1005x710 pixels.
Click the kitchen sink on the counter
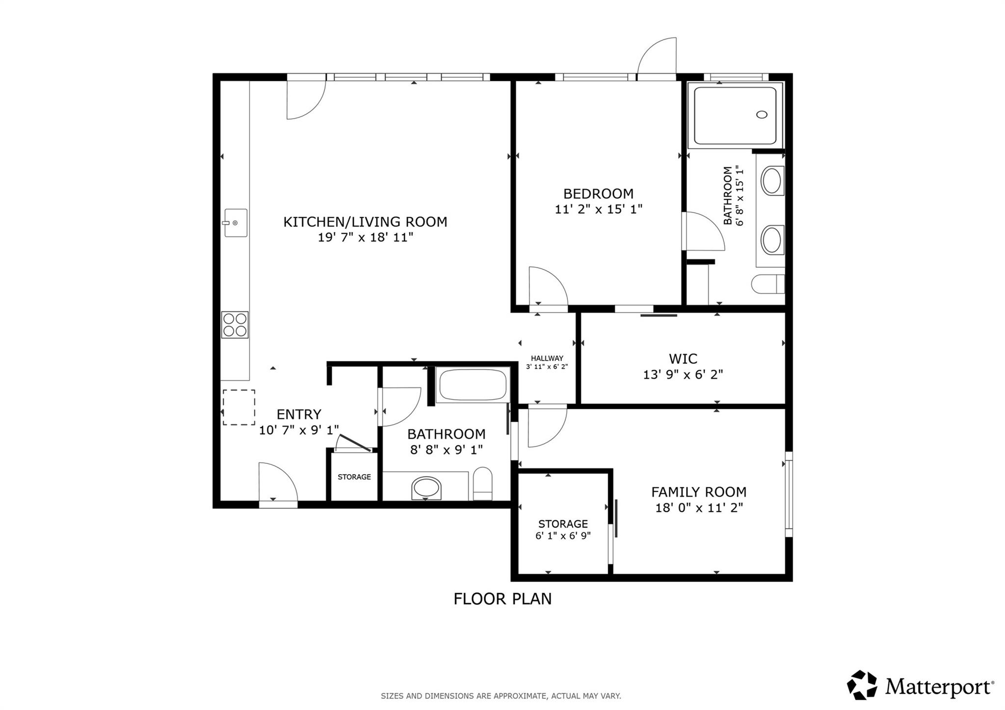point(236,223)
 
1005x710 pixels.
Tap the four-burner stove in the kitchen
point(235,325)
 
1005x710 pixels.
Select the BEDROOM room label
point(598,194)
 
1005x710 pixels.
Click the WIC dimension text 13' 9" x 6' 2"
point(683,375)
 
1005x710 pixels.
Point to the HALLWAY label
point(547,358)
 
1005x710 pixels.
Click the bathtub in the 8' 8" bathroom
point(473,385)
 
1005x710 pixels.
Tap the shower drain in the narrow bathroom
point(762,115)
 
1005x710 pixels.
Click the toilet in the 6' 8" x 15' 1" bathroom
point(767,284)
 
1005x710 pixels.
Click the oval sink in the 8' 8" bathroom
point(426,488)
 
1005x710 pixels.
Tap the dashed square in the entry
point(239,407)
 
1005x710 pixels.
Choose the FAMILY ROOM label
point(699,492)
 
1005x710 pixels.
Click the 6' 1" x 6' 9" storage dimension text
point(563,536)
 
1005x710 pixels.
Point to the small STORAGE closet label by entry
point(354,477)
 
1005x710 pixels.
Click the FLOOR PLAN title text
point(502,599)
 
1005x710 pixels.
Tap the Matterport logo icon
point(862,685)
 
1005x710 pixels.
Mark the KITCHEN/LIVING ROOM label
point(365,222)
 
